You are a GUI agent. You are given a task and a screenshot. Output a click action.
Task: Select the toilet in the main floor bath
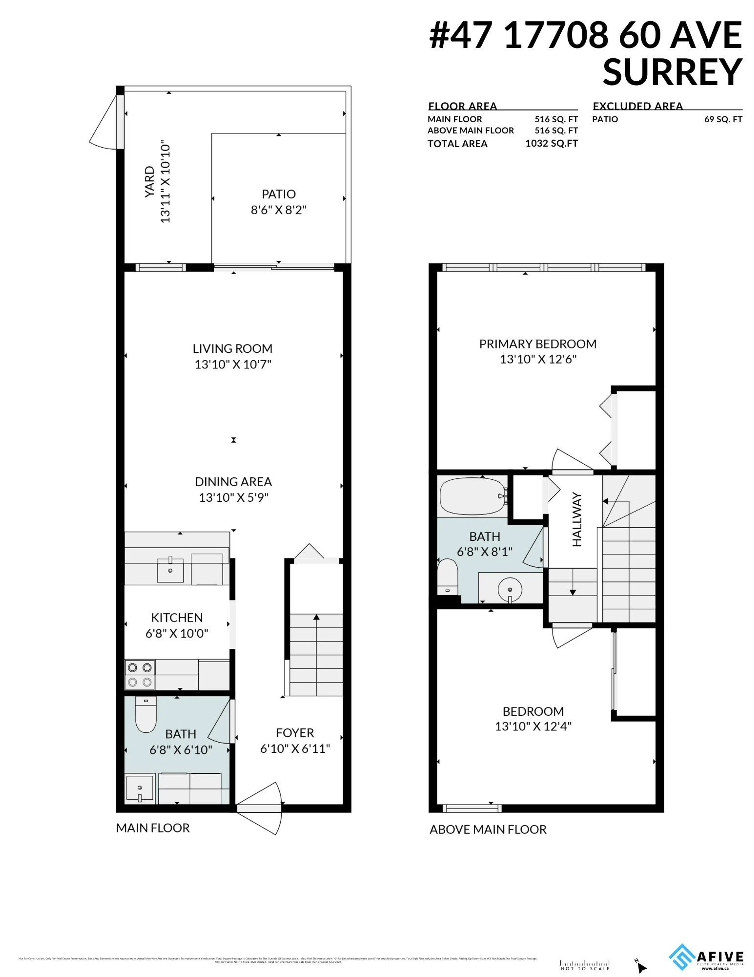[x=145, y=714]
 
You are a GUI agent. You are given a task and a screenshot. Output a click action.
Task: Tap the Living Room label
[x=232, y=348]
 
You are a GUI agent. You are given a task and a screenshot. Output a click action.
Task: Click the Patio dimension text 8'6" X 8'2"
[x=278, y=210]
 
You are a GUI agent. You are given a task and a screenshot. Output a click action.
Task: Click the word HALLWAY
[x=577, y=519]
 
